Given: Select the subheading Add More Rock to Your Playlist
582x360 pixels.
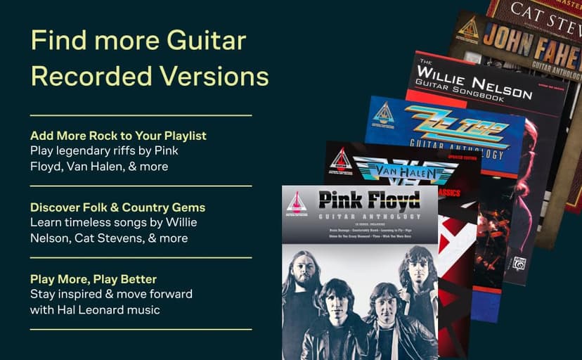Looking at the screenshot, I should [118, 136].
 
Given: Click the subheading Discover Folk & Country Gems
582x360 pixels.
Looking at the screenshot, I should [118, 207].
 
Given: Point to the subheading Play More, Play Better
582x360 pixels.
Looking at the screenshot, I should [93, 279].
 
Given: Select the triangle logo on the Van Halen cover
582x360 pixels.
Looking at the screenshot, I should [342, 160].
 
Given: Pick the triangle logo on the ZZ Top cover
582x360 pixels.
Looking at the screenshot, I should [384, 113].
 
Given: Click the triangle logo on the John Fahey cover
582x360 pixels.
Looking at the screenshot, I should [469, 28].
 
